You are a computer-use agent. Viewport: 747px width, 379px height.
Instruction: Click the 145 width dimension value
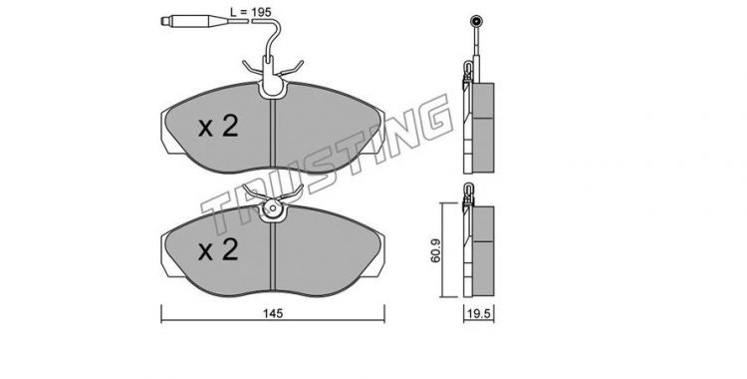click(x=273, y=313)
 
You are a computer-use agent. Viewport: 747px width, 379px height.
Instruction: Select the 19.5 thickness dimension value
click(x=479, y=314)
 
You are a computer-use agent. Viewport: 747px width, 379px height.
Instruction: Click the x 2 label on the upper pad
click(x=218, y=127)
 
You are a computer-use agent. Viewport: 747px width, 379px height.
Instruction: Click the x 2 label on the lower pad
click(x=218, y=250)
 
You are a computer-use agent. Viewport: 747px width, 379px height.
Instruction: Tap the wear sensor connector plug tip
click(x=165, y=21)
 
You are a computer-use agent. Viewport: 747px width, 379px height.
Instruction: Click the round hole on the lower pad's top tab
click(x=273, y=208)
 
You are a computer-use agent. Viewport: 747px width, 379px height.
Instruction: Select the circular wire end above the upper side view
click(x=476, y=21)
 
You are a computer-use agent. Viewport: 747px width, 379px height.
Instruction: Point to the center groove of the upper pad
click(x=273, y=135)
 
